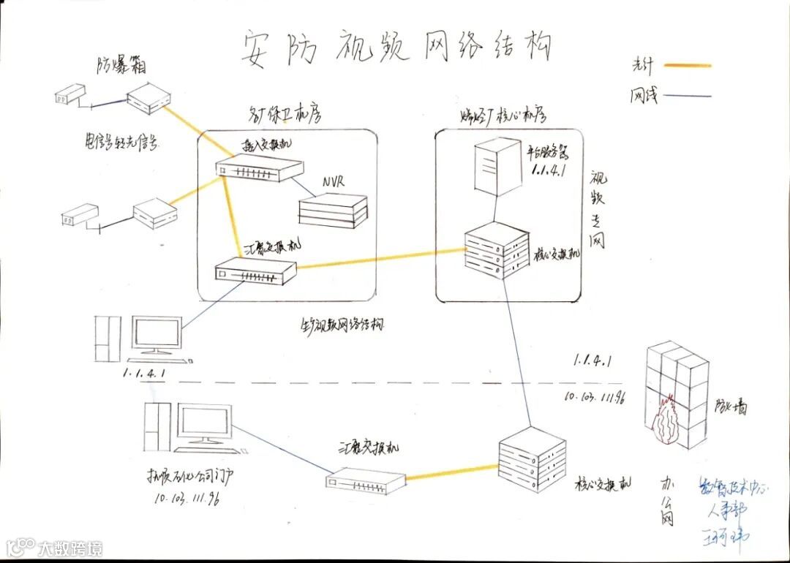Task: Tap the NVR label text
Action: [335, 181]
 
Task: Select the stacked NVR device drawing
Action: [333, 210]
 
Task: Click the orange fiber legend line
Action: [687, 66]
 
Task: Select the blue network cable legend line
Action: [687, 95]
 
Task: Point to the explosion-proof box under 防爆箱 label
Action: [148, 99]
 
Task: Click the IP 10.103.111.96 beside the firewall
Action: [593, 397]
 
